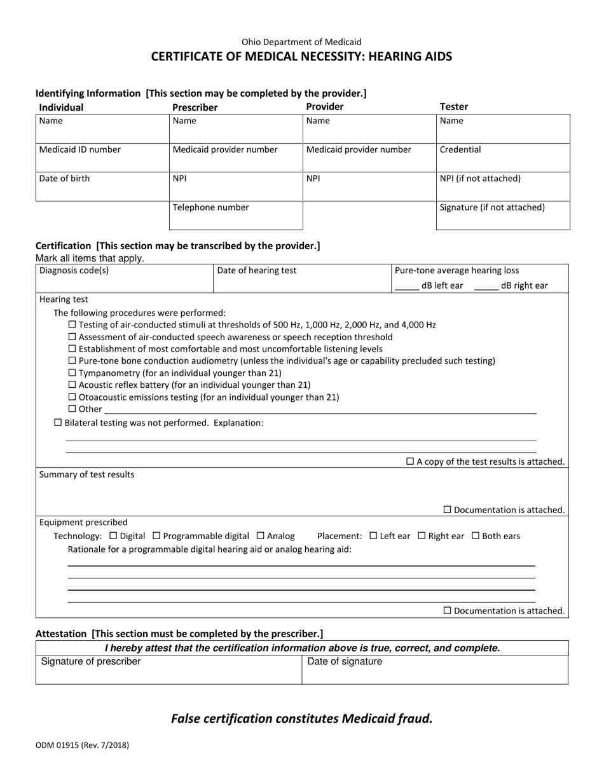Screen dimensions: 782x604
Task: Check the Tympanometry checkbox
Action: (72, 373)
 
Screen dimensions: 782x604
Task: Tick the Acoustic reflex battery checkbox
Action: (72, 385)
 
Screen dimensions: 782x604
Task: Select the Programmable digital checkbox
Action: (157, 536)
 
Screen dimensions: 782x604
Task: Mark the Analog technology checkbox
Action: (260, 536)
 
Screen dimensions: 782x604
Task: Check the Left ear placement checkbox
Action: (373, 536)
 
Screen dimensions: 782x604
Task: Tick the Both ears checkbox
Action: (476, 536)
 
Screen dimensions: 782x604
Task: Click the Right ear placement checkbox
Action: (422, 536)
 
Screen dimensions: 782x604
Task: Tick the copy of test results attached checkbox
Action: (410, 462)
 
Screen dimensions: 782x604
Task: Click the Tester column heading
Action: (454, 107)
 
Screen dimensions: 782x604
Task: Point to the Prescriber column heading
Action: (195, 107)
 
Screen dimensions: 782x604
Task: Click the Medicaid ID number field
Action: (102, 158)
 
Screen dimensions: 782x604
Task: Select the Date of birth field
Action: (102, 186)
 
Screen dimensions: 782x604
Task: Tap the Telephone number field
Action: (235, 216)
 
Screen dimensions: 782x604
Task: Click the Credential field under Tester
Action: (503, 158)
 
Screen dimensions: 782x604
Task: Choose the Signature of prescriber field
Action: (168, 669)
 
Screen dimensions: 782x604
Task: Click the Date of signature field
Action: (434, 669)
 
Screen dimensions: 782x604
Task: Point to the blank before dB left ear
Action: (407, 286)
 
